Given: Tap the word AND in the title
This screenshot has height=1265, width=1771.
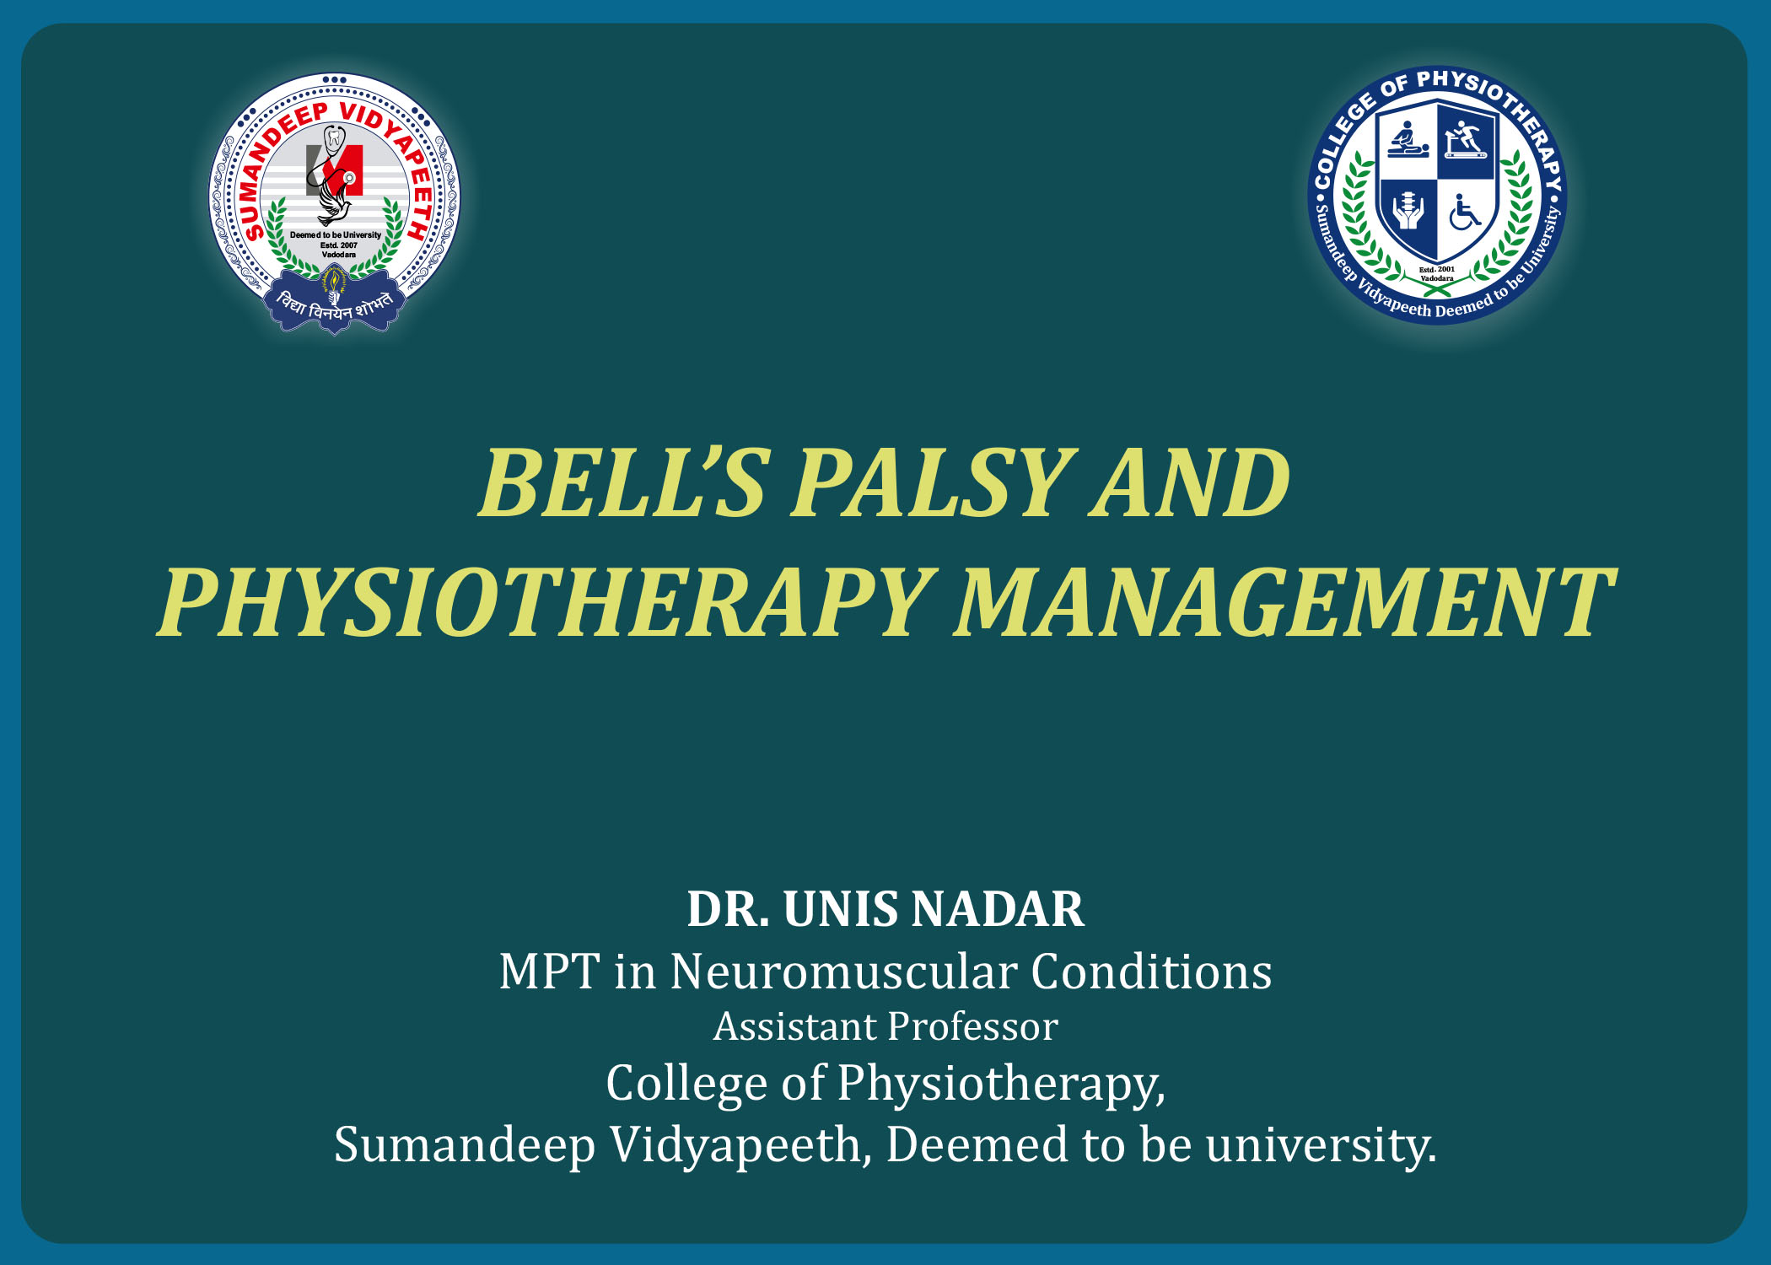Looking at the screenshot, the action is (x=1190, y=482).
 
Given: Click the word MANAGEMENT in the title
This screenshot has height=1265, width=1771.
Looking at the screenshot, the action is (x=1284, y=602).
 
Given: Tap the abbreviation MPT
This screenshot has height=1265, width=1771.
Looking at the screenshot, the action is (x=549, y=972).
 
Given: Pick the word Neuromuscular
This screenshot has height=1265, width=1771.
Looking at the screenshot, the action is (x=843, y=972).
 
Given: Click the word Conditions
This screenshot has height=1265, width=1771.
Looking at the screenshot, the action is (x=1151, y=972).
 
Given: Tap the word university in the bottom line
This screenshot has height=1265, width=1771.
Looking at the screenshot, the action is (x=1321, y=1145).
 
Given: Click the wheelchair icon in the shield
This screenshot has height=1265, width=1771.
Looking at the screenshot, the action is (x=1465, y=212).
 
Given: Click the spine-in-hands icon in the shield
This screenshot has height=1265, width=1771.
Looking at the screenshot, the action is (x=1407, y=211).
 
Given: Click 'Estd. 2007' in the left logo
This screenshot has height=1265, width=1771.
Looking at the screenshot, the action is (x=338, y=245).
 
